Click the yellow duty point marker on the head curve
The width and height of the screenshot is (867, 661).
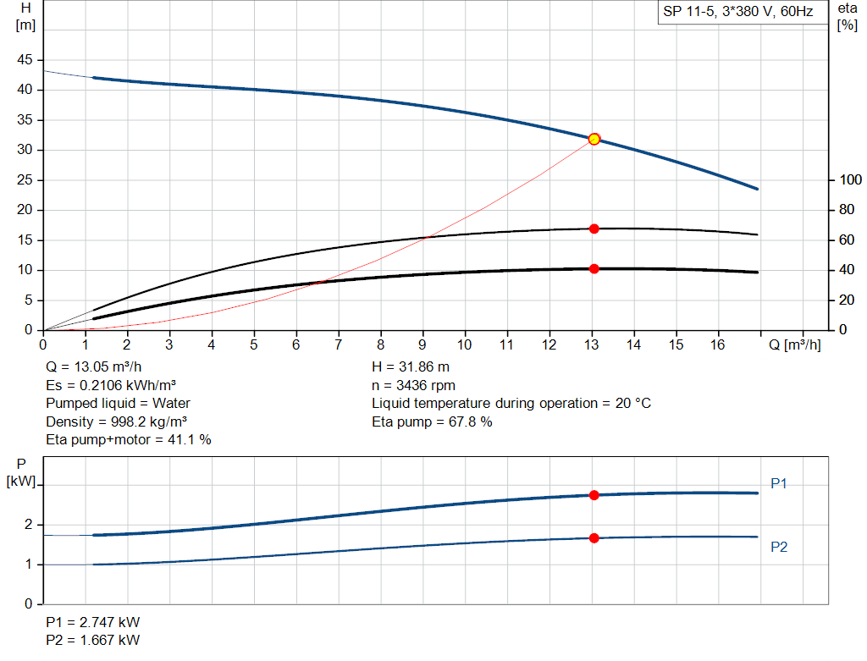point(594,139)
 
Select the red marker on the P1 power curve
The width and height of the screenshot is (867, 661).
point(594,495)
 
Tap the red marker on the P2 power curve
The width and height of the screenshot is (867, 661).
point(594,538)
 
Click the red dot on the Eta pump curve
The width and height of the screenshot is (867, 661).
point(594,229)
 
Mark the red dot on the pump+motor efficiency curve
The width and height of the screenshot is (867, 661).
point(594,268)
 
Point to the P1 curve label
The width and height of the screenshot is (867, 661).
point(779,483)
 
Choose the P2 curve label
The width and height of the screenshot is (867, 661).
point(779,547)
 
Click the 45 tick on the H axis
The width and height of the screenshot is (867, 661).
point(25,60)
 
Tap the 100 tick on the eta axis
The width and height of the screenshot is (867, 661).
point(848,179)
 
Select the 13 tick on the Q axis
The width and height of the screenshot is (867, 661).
point(591,344)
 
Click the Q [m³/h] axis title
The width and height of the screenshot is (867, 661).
point(794,344)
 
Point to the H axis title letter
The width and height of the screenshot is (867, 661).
point(25,8)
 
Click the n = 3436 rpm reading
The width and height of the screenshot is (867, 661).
point(413,385)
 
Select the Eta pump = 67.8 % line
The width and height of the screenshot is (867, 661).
point(432,421)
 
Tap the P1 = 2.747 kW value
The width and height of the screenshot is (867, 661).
point(92,622)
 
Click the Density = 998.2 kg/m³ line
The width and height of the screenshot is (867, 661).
point(117,421)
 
